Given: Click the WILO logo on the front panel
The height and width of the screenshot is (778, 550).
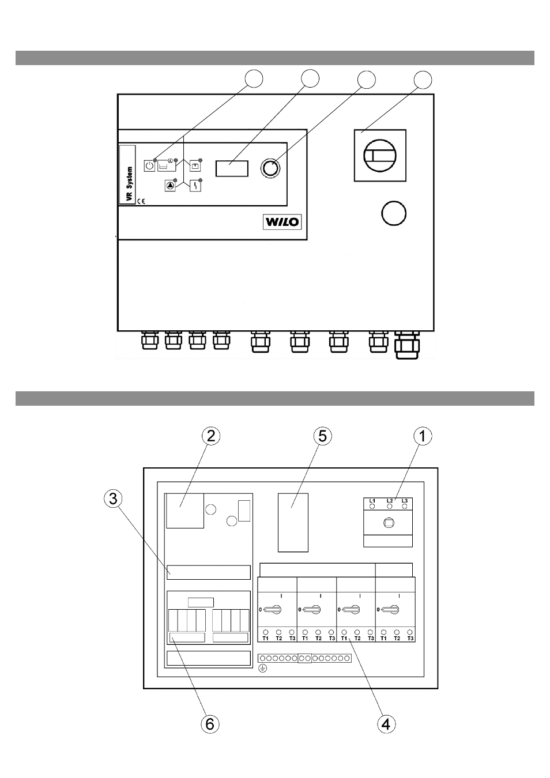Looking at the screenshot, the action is tap(282, 222).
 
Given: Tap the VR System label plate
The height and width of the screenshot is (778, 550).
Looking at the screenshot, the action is tap(127, 175).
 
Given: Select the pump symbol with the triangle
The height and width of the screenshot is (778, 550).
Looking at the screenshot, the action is tap(170, 186).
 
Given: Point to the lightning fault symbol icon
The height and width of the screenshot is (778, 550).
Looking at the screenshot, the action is tap(195, 186).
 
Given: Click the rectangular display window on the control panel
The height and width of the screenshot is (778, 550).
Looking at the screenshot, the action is tap(232, 168).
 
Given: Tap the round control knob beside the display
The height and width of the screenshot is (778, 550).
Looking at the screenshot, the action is tap(270, 168).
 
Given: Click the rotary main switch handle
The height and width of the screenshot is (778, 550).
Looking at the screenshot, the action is tap(380, 155).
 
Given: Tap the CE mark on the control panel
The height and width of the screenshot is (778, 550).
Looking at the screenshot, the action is tap(141, 201).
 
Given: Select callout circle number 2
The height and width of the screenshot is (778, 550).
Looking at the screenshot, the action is tap(211, 436).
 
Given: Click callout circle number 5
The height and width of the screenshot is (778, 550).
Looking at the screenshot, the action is tap(322, 436).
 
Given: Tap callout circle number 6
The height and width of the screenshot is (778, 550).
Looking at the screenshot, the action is tap(210, 724).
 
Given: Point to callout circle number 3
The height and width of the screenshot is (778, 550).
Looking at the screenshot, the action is tap(113, 499).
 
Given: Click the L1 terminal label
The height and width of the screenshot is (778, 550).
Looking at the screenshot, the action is tap(372, 500).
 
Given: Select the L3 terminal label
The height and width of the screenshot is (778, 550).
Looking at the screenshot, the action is tap(404, 500).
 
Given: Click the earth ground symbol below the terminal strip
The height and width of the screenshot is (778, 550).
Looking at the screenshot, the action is tap(263, 667).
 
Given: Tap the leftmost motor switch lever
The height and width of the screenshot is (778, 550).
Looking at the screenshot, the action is tap(272, 610).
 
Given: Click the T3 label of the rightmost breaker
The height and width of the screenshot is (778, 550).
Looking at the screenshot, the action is tap(410, 639).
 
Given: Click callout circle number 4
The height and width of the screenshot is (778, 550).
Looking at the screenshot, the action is tap(386, 724).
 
